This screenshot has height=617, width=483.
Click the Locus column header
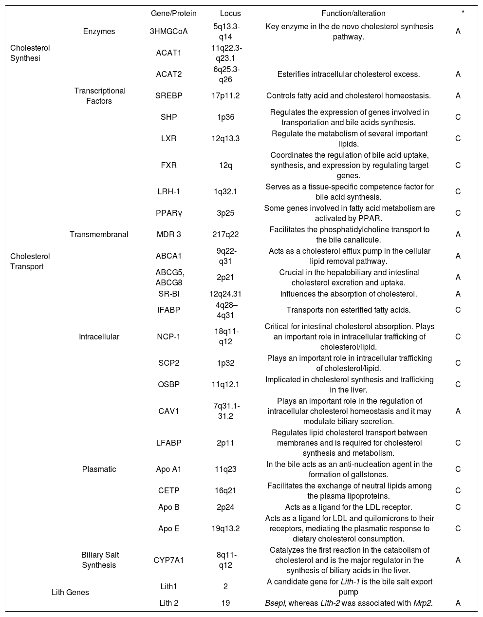coord(230,14)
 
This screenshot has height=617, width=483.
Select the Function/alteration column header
coord(353,14)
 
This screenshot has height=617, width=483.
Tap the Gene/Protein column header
coord(174,14)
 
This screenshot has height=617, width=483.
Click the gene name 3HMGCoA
coord(169,32)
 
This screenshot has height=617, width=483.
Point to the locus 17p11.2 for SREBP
coord(225,96)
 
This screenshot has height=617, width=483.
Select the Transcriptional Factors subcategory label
coord(100,96)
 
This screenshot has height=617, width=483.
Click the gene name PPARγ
coord(169,213)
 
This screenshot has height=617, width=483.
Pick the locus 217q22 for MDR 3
coord(225,235)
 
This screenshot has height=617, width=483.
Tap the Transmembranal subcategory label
coord(99,235)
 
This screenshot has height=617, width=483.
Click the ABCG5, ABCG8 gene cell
coord(169,278)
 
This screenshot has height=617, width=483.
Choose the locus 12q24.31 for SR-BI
coord(225,294)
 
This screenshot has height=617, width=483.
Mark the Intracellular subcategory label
coord(99,337)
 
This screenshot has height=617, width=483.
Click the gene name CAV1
coord(169,411)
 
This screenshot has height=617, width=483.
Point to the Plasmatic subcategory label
coord(99,469)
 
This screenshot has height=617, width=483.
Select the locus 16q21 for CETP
coord(225,491)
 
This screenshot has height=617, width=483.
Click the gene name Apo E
coord(169,529)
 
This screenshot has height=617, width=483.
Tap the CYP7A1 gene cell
coord(169,561)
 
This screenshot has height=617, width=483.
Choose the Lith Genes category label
coord(70,593)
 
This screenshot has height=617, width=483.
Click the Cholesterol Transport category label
coord(30,262)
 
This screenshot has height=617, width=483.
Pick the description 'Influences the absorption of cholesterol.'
coord(349,294)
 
